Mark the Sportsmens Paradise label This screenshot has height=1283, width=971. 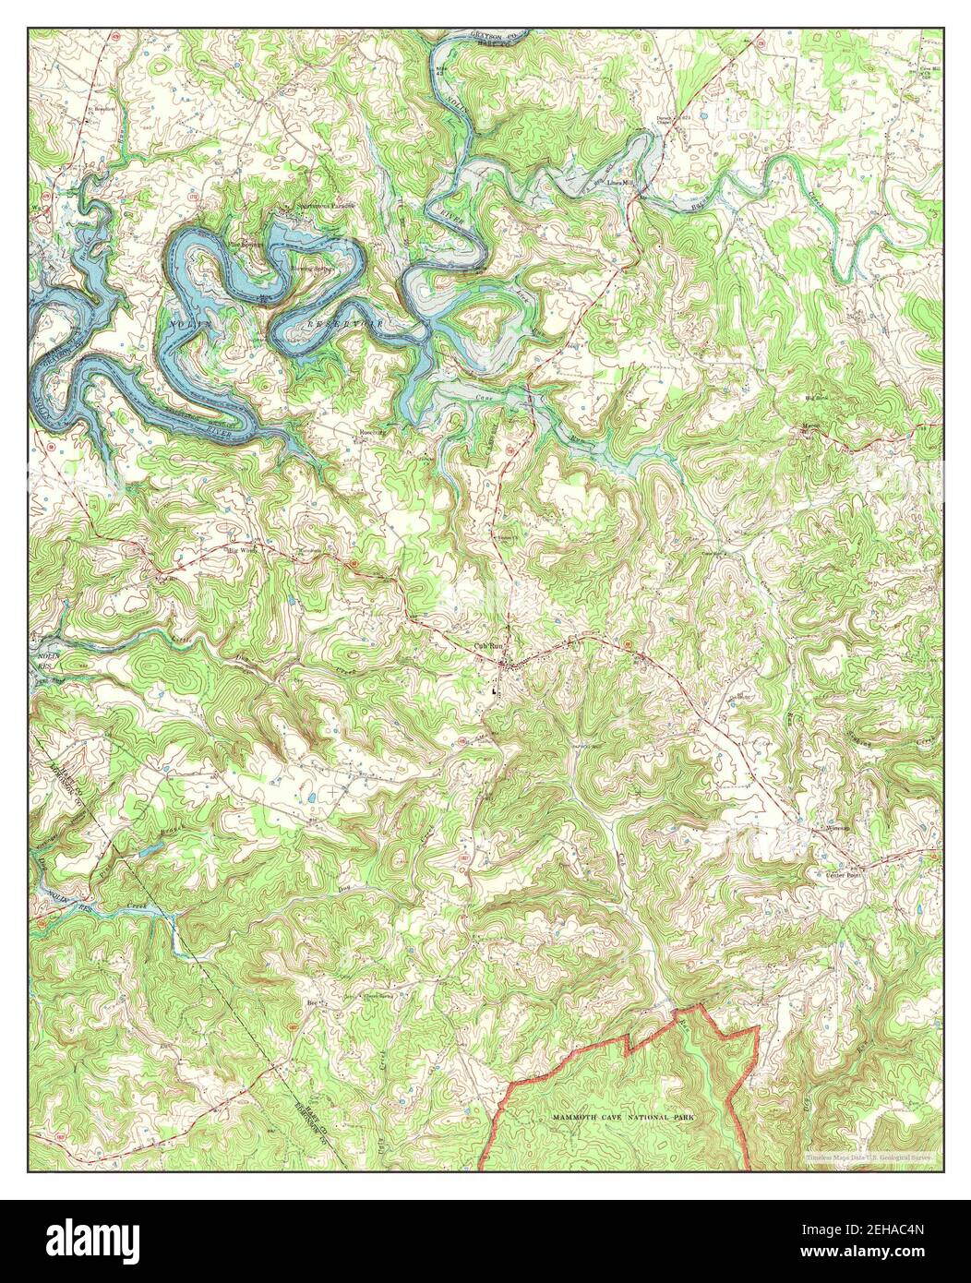[311, 206]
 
